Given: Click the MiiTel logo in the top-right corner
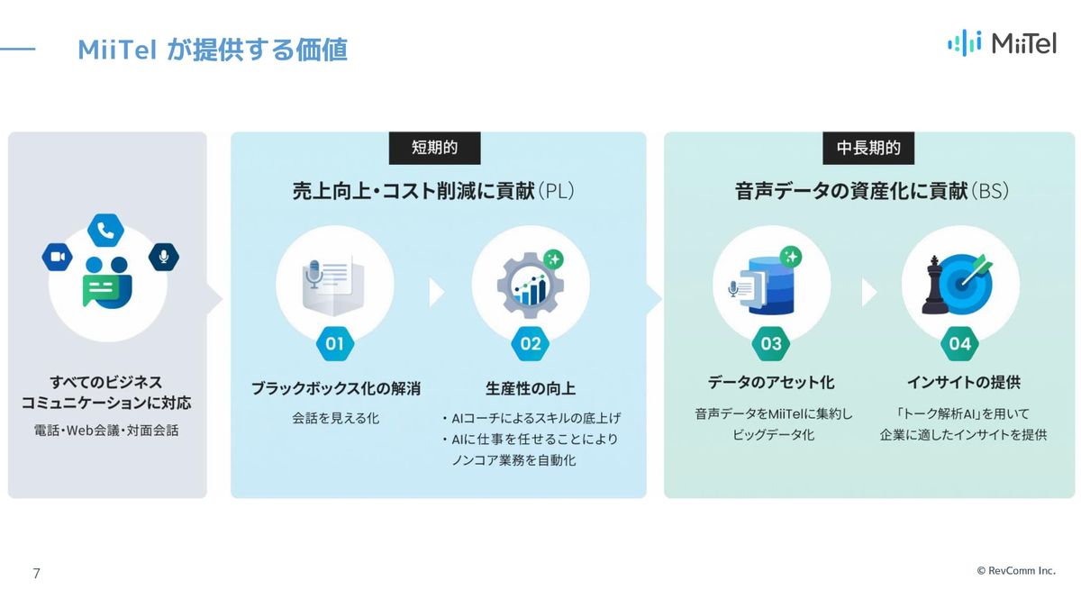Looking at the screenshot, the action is click(1003, 43).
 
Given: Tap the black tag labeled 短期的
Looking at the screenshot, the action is click(434, 148).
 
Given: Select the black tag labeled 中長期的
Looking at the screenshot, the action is click(868, 148).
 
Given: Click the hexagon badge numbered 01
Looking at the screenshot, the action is click(335, 343).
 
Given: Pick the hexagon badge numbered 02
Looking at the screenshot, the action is click(531, 343).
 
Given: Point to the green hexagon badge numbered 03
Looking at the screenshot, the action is click(771, 343).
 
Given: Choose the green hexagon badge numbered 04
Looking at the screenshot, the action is click(959, 343).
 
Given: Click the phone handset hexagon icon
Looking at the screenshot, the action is click(105, 231).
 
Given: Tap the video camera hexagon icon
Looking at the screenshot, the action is click(58, 257).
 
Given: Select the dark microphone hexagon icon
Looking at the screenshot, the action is click(164, 257).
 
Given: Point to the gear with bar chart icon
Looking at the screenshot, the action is click(531, 285).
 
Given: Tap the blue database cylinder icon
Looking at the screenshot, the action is click(771, 286).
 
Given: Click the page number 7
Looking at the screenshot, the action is click(36, 573).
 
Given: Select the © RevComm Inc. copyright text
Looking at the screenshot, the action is click(1016, 571).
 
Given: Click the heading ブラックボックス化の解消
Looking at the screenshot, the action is click(336, 388).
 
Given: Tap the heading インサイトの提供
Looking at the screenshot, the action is click(964, 382).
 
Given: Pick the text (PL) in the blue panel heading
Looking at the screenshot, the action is click(556, 191).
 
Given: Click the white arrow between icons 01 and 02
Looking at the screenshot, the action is click(436, 292).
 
